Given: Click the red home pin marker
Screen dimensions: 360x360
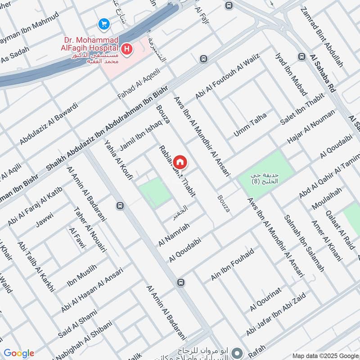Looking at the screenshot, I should coord(180,162).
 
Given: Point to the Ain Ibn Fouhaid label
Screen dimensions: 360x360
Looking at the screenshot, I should coord(232,265).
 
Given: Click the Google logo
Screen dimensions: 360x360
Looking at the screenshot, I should coord(19,353).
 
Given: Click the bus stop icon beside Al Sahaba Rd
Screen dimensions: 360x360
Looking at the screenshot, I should coord(301,57).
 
